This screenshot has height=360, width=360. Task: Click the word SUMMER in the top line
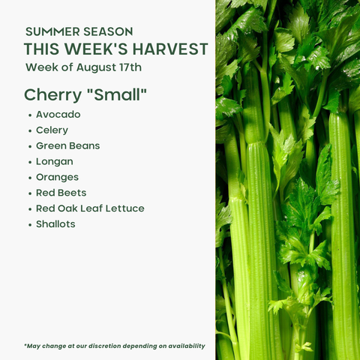(52, 31)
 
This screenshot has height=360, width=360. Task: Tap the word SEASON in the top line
(108, 31)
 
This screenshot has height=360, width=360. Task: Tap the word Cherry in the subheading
(52, 96)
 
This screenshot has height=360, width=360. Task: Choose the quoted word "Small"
(116, 94)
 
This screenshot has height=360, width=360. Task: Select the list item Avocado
(58, 115)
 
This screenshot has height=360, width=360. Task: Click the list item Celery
(52, 130)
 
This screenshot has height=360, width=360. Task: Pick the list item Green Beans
(68, 145)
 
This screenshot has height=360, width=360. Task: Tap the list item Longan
(55, 162)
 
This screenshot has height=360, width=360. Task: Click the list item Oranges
(57, 178)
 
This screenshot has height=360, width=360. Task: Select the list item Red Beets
(61, 193)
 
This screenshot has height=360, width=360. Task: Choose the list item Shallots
(55, 224)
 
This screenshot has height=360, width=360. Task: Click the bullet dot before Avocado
(30, 115)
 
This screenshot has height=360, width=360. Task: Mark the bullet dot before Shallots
(30, 225)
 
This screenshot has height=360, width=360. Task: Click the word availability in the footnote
(187, 346)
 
